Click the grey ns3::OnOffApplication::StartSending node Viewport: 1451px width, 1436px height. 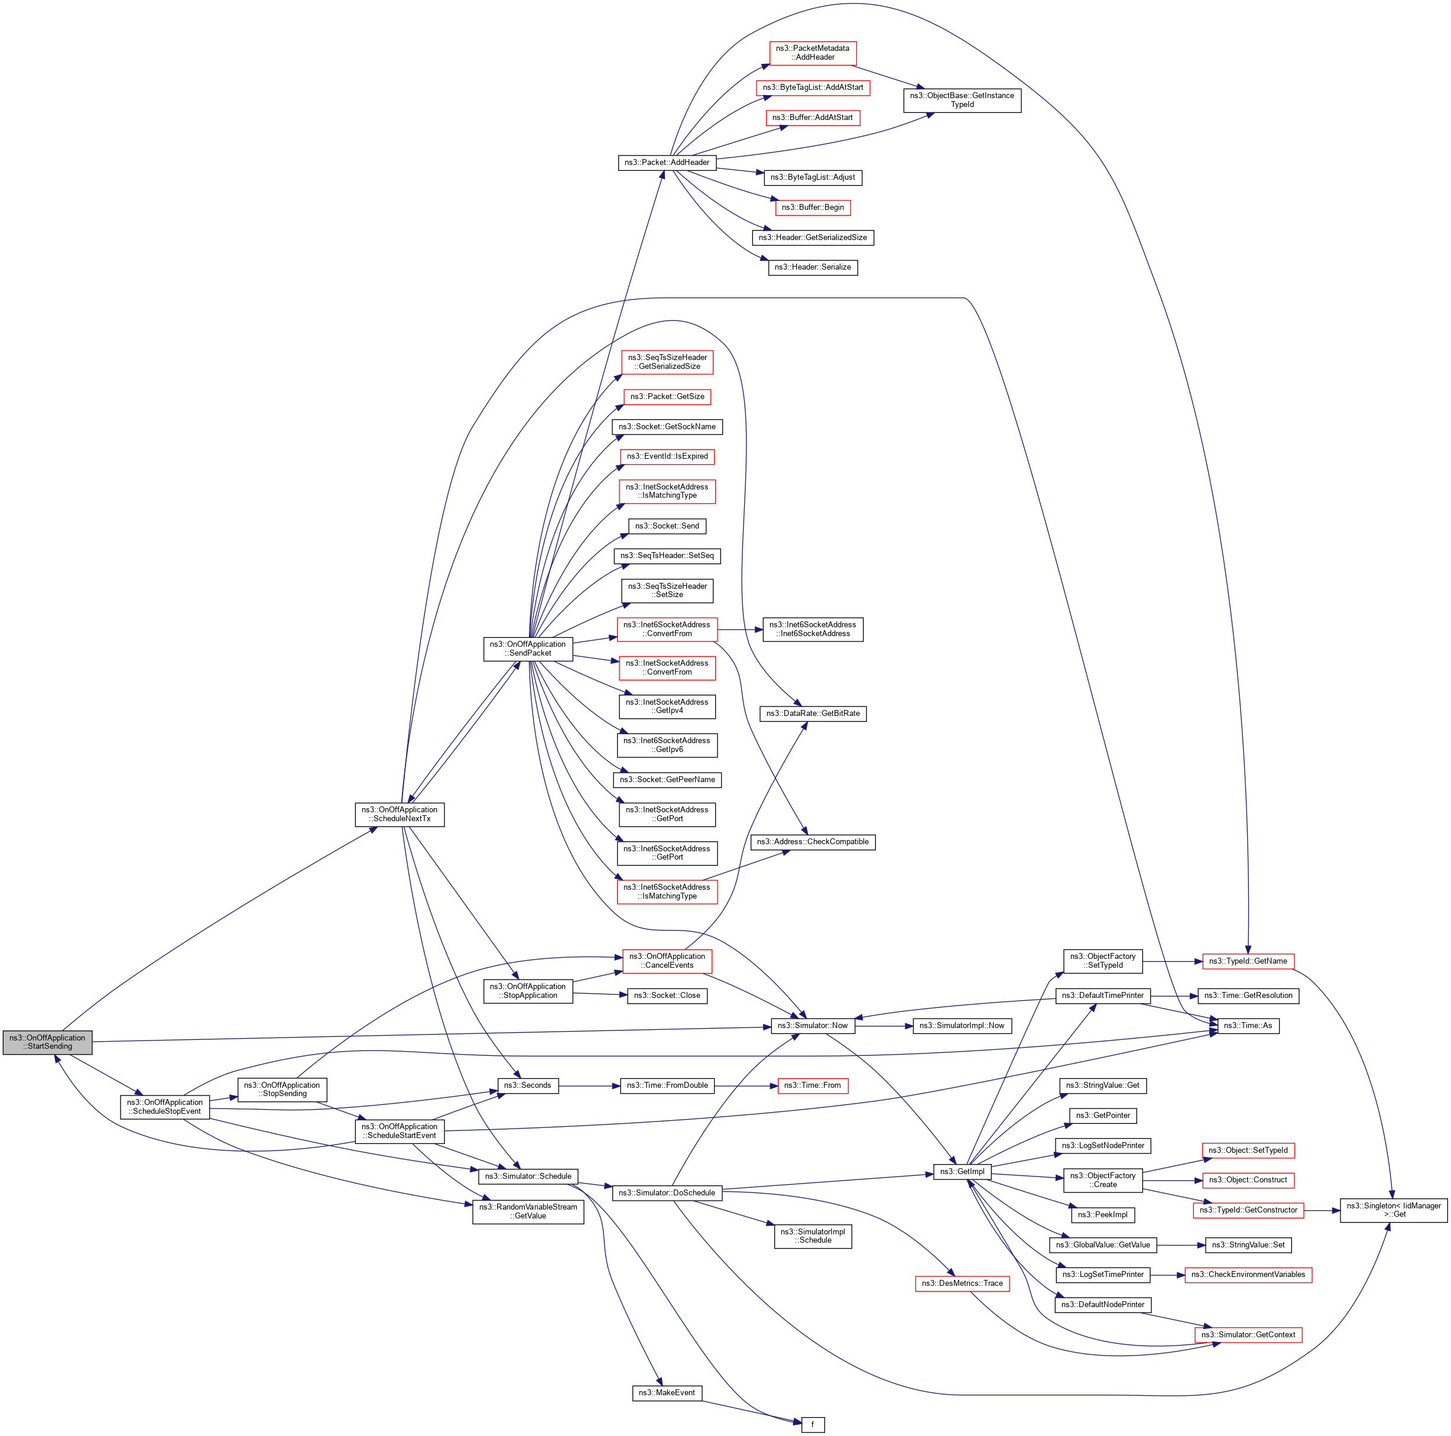coord(47,1042)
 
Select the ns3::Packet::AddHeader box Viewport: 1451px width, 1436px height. coord(667,162)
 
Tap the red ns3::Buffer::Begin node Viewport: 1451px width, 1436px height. coord(813,208)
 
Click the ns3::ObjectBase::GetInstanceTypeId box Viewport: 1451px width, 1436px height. coord(962,100)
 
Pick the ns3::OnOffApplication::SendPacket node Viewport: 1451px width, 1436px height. coord(528,649)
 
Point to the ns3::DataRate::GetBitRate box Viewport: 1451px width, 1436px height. coord(813,714)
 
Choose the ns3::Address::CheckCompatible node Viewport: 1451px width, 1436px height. coord(813,842)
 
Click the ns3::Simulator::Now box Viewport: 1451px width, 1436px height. coord(813,1025)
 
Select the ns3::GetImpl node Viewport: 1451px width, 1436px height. coord(962,1172)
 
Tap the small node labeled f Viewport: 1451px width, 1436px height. coord(813,1425)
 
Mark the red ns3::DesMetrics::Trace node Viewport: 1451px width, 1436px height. coord(962,1283)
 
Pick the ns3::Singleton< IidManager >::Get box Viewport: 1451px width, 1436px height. coord(1394,1210)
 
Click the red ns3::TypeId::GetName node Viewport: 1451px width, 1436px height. coord(1248,961)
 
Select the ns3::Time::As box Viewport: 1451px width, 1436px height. coord(1248,1025)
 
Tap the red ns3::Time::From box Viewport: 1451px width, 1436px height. coord(813,1085)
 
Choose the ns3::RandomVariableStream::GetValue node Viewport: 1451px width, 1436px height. coord(528,1211)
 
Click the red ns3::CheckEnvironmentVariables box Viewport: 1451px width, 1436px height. coord(1248,1275)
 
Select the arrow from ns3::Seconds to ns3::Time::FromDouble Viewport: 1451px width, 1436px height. coord(590,1085)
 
